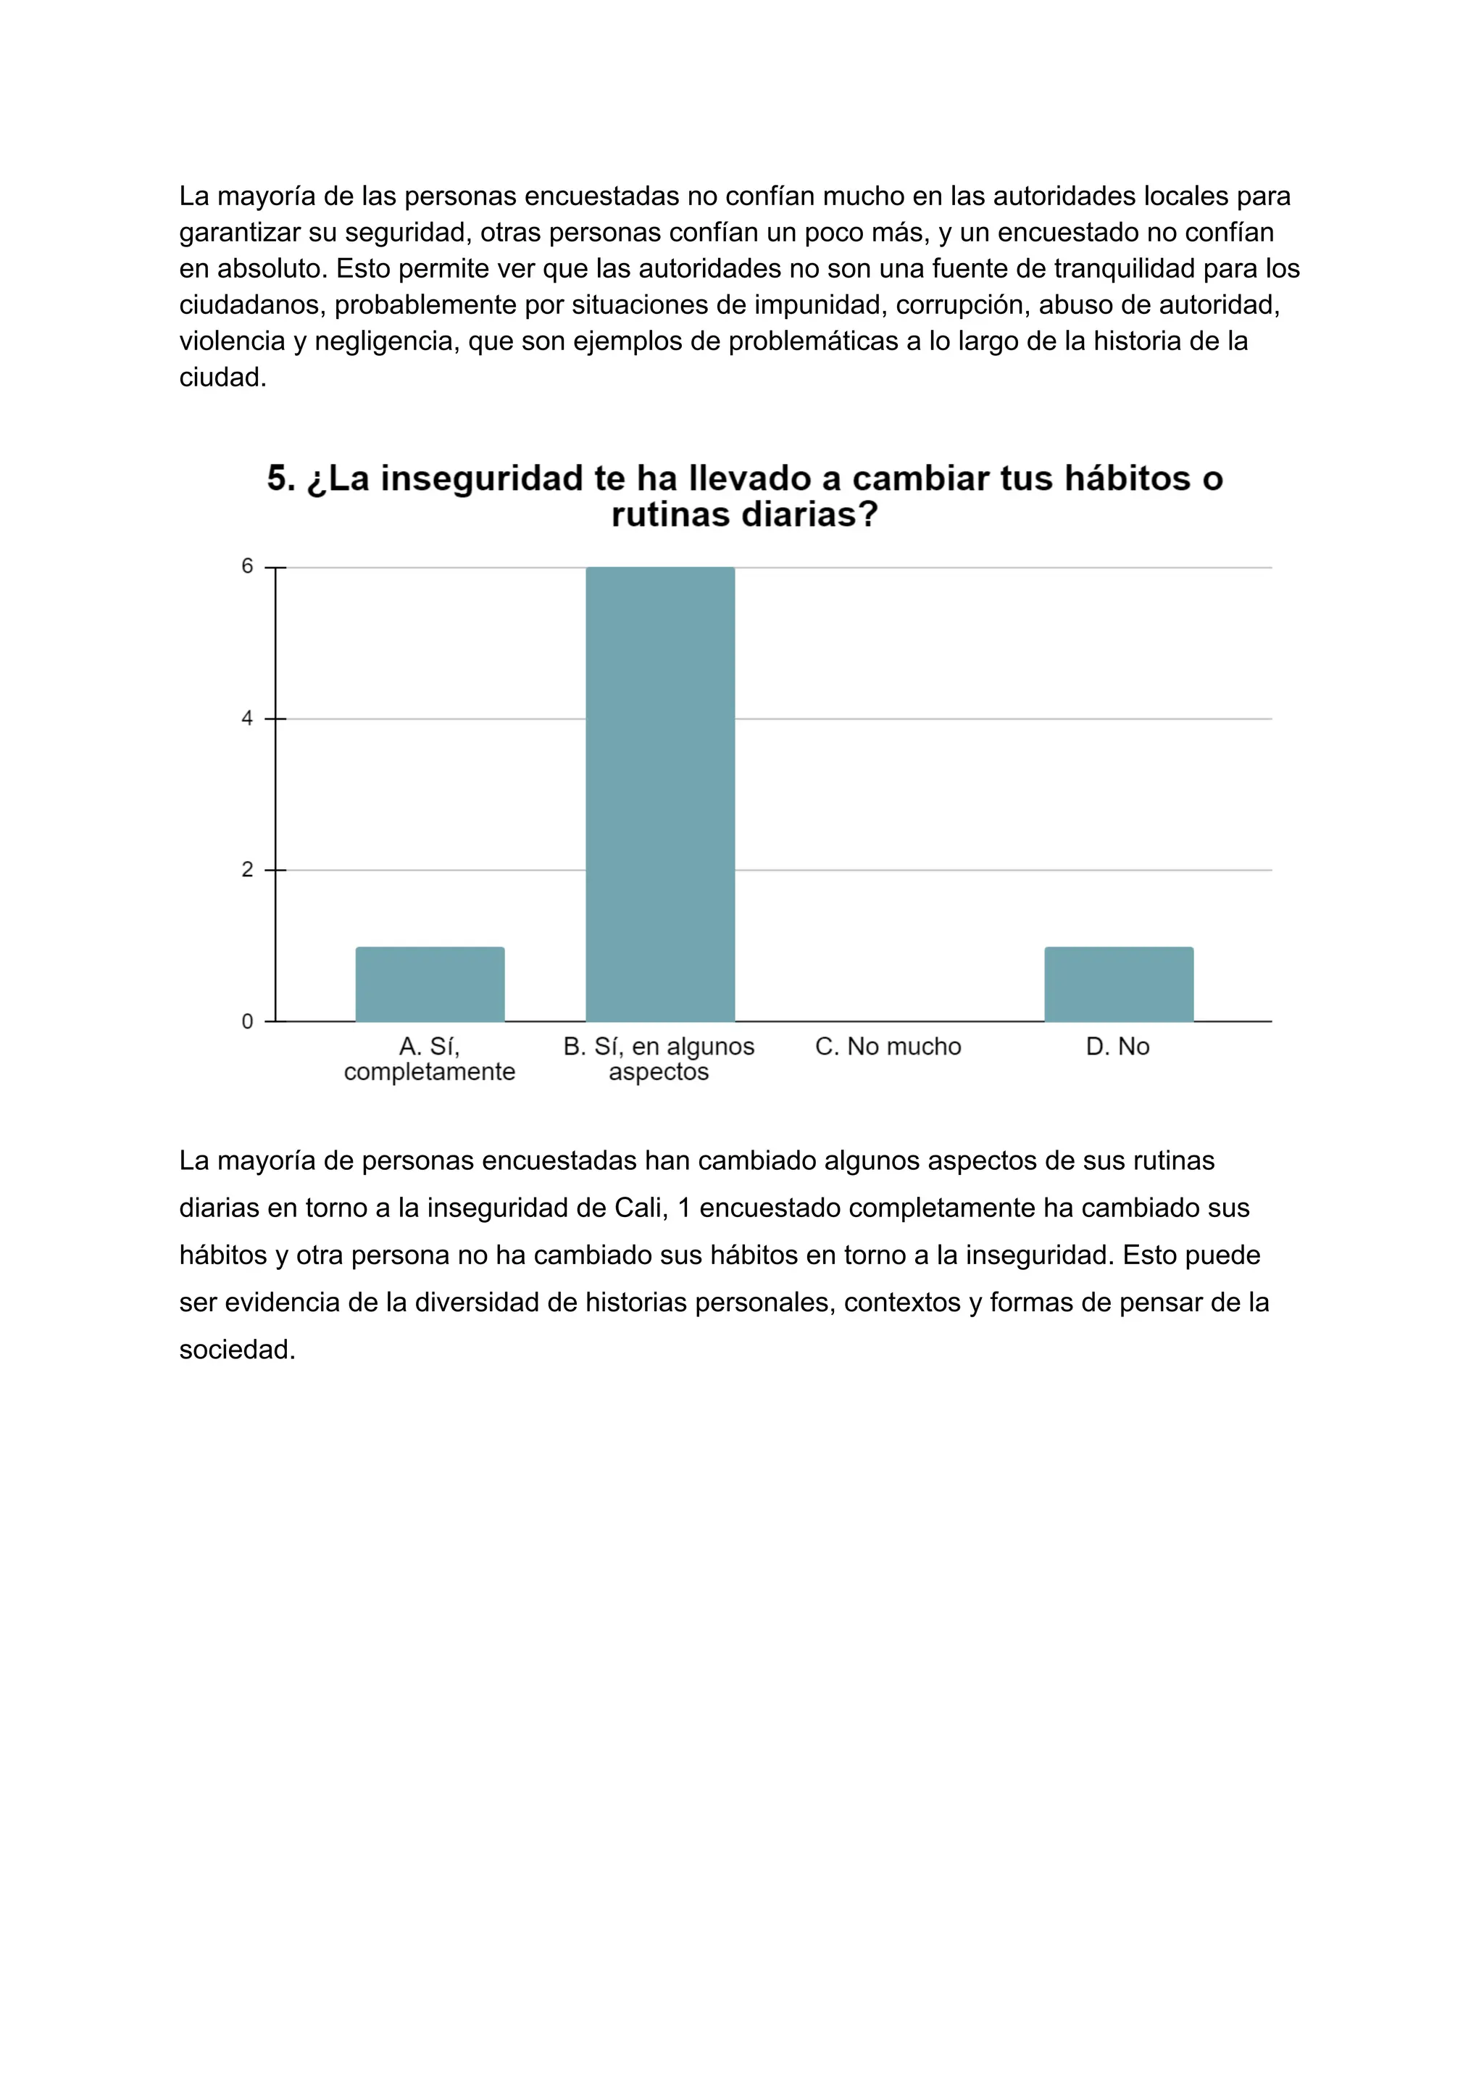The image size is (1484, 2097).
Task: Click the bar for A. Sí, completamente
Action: [430, 984]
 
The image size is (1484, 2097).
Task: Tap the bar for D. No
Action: [1119, 984]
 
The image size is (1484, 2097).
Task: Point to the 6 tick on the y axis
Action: [246, 567]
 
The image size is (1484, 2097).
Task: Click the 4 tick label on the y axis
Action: [246, 718]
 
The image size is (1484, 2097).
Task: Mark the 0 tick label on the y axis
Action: [246, 1022]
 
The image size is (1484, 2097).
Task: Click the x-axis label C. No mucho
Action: [888, 1047]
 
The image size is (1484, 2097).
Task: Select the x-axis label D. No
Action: [1117, 1047]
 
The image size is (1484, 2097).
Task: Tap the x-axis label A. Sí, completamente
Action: [430, 1058]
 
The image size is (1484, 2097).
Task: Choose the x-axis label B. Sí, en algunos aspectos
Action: [659, 1058]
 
